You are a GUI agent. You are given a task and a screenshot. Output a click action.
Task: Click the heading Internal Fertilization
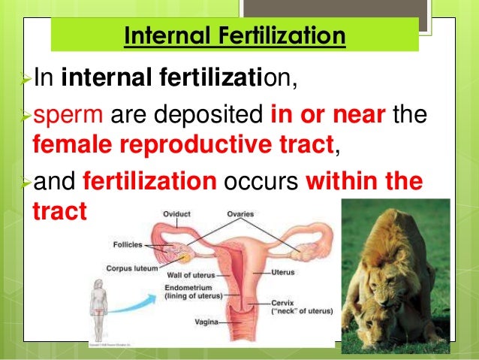[235, 35]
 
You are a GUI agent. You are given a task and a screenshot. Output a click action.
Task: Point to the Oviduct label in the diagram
[177, 213]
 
